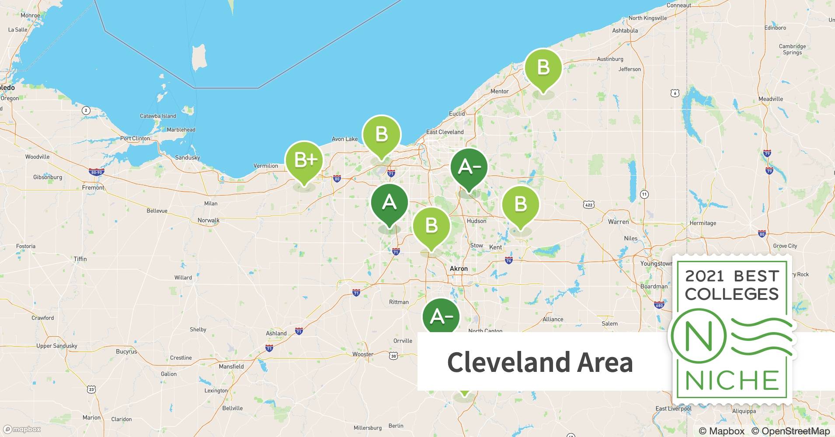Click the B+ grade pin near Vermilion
304,161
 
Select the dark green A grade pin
389,203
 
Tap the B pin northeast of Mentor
543,68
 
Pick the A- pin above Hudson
469,167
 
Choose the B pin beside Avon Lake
382,134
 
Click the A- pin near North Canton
441,317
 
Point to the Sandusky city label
187,157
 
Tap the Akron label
459,269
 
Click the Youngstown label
656,264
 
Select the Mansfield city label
231,367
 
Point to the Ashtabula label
625,31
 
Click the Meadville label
770,99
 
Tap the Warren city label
618,222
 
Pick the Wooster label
363,354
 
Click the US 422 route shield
588,205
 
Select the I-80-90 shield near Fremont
95,172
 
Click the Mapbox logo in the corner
22,429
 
